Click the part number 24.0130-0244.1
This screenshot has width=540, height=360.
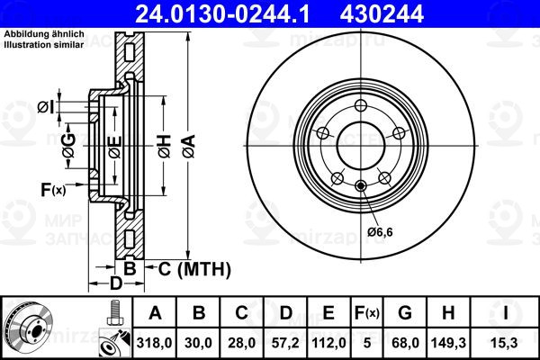pyautogui.click(x=223, y=14)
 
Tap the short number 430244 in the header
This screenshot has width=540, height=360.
pyautogui.click(x=382, y=14)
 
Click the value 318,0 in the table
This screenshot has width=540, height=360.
pyautogui.click(x=154, y=343)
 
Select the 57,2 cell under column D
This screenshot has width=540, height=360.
pyautogui.click(x=285, y=343)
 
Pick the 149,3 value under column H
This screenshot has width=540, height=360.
pyautogui.click(x=448, y=343)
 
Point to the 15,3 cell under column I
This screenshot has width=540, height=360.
pyautogui.click(x=505, y=343)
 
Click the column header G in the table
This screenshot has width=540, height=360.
pyautogui.click(x=405, y=313)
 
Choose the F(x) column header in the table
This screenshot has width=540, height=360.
pyautogui.click(x=367, y=313)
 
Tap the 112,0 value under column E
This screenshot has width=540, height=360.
pyautogui.click(x=328, y=343)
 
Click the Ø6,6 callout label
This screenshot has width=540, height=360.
pyautogui.click(x=380, y=232)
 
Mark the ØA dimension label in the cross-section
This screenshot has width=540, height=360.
pyautogui.click(x=189, y=147)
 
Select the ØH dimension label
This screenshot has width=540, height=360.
pyautogui.click(x=165, y=147)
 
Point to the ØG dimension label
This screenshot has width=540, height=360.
pyautogui.click(x=69, y=146)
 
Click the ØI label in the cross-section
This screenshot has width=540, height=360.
pyautogui.click(x=46, y=107)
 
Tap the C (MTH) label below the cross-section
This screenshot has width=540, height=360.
pyautogui.click(x=194, y=269)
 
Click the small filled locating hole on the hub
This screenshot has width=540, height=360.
pyautogui.click(x=361, y=186)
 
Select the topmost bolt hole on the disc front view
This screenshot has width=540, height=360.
pyautogui.click(x=361, y=105)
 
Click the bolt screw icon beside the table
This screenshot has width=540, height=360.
pyautogui.click(x=114, y=313)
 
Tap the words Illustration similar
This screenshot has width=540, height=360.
pyautogui.click(x=44, y=45)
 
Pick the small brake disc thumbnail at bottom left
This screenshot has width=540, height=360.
pyautogui.click(x=28, y=328)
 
